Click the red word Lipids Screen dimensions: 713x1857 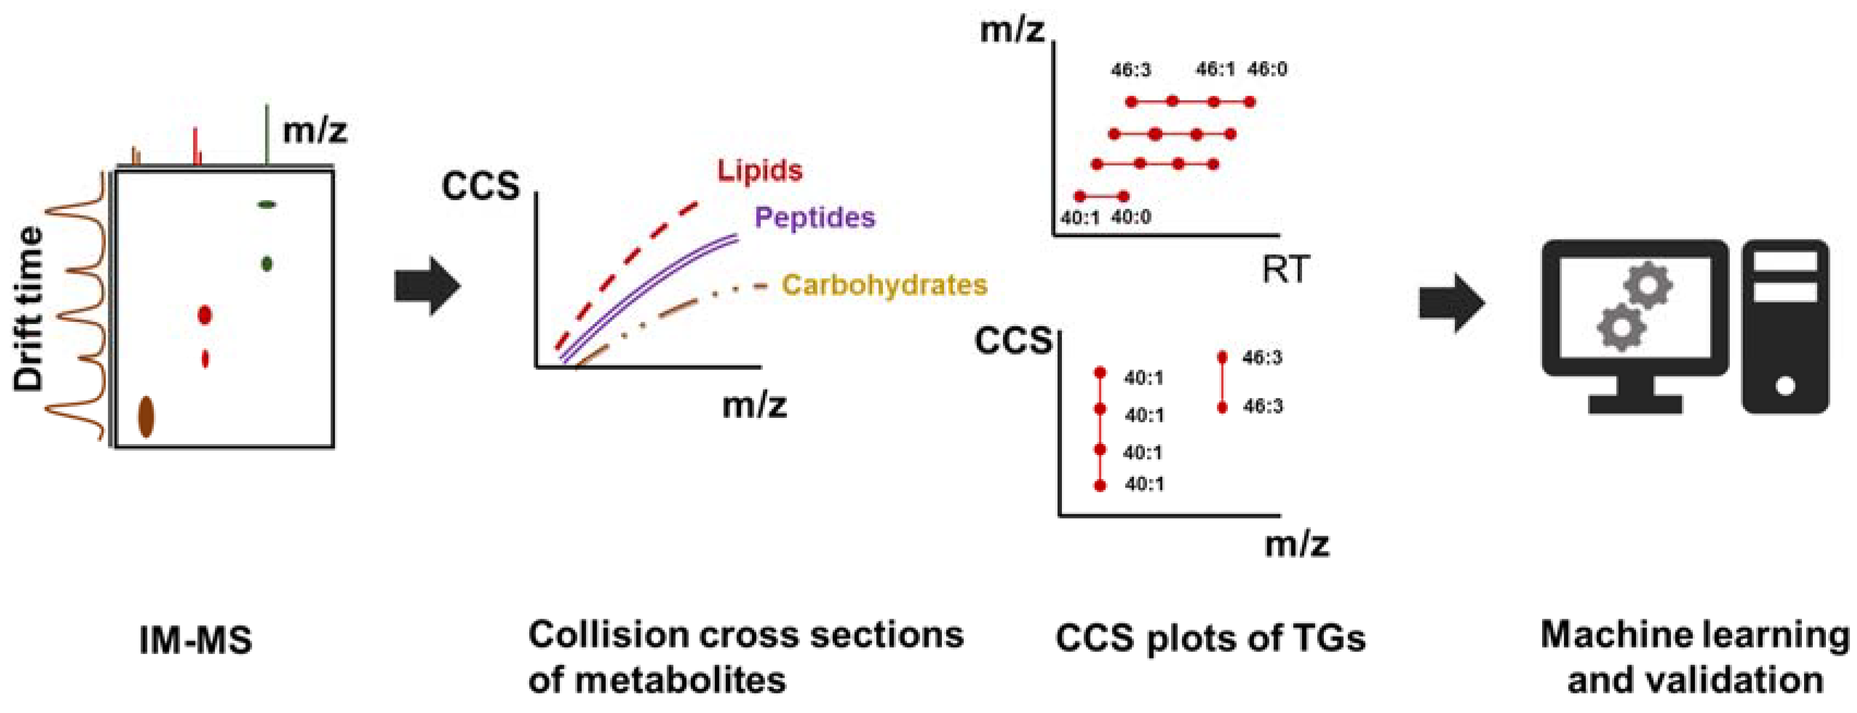(759, 171)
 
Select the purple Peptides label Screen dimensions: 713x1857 (815, 218)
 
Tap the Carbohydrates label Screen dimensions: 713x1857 (884, 285)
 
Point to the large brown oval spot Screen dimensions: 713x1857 (146, 416)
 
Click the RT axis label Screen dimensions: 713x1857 (1285, 269)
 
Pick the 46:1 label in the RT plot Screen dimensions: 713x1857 (1215, 69)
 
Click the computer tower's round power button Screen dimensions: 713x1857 (1785, 386)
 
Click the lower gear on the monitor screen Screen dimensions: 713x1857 (1621, 327)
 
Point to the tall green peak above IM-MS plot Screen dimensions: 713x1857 (267, 133)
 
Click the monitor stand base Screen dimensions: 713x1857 (1635, 404)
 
